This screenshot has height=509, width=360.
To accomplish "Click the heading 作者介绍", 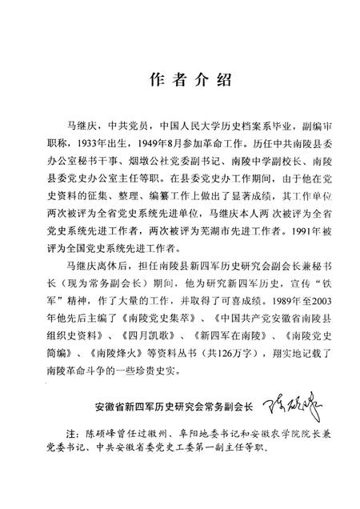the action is pyautogui.click(x=180, y=80).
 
